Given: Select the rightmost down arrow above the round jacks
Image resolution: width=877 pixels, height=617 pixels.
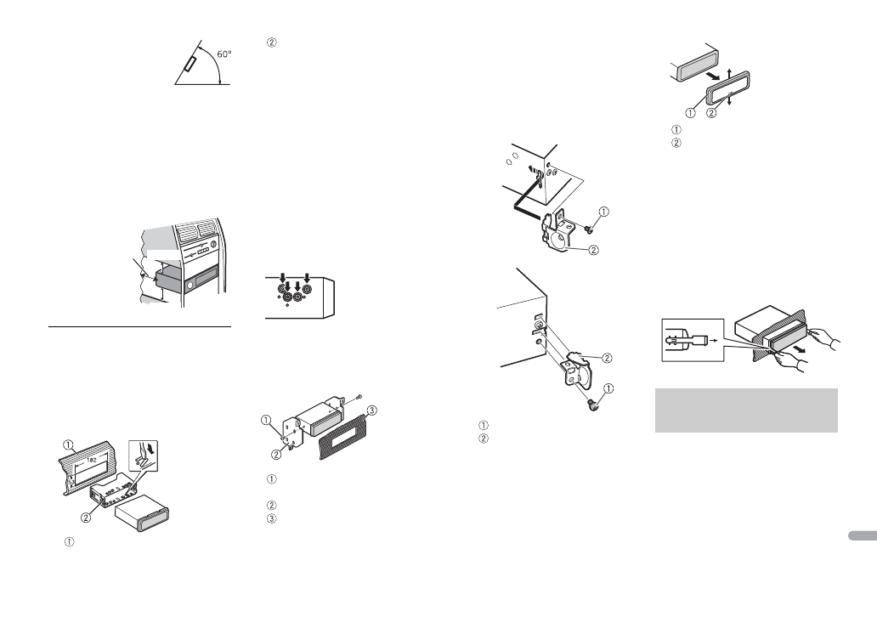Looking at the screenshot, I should click(308, 276).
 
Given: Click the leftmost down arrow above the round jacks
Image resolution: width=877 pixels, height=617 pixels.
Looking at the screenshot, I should click(284, 276).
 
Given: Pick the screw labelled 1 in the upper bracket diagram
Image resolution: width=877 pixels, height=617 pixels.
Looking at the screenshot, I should click(586, 227).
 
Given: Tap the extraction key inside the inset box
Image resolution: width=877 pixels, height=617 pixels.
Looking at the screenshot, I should click(687, 340).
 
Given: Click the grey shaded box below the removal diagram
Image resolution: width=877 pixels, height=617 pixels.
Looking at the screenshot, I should click(746, 410).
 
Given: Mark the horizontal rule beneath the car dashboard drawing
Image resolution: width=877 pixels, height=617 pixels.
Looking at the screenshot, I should click(140, 326).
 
